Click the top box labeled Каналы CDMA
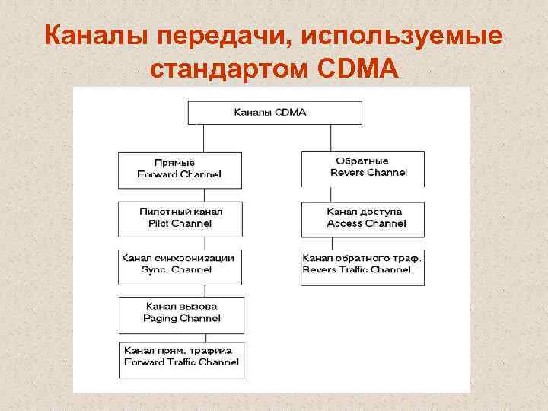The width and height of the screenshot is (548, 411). (275, 113)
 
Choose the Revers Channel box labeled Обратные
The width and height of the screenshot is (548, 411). (362, 168)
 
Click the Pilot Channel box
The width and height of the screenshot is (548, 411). (180, 218)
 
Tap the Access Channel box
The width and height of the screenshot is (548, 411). (362, 218)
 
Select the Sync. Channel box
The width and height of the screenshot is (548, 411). (180, 266)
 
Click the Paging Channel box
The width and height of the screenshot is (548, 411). (180, 314)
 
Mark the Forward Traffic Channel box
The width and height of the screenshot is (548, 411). (180, 358)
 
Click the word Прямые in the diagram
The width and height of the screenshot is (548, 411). (174, 163)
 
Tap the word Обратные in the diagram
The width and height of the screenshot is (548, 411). (362, 161)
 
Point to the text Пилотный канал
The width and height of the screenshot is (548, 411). (180, 211)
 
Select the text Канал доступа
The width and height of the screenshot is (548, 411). (365, 211)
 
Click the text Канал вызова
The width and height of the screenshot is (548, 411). (181, 306)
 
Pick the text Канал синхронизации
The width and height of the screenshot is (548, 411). (178, 258)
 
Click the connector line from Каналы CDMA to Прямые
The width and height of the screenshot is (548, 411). (203, 139)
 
